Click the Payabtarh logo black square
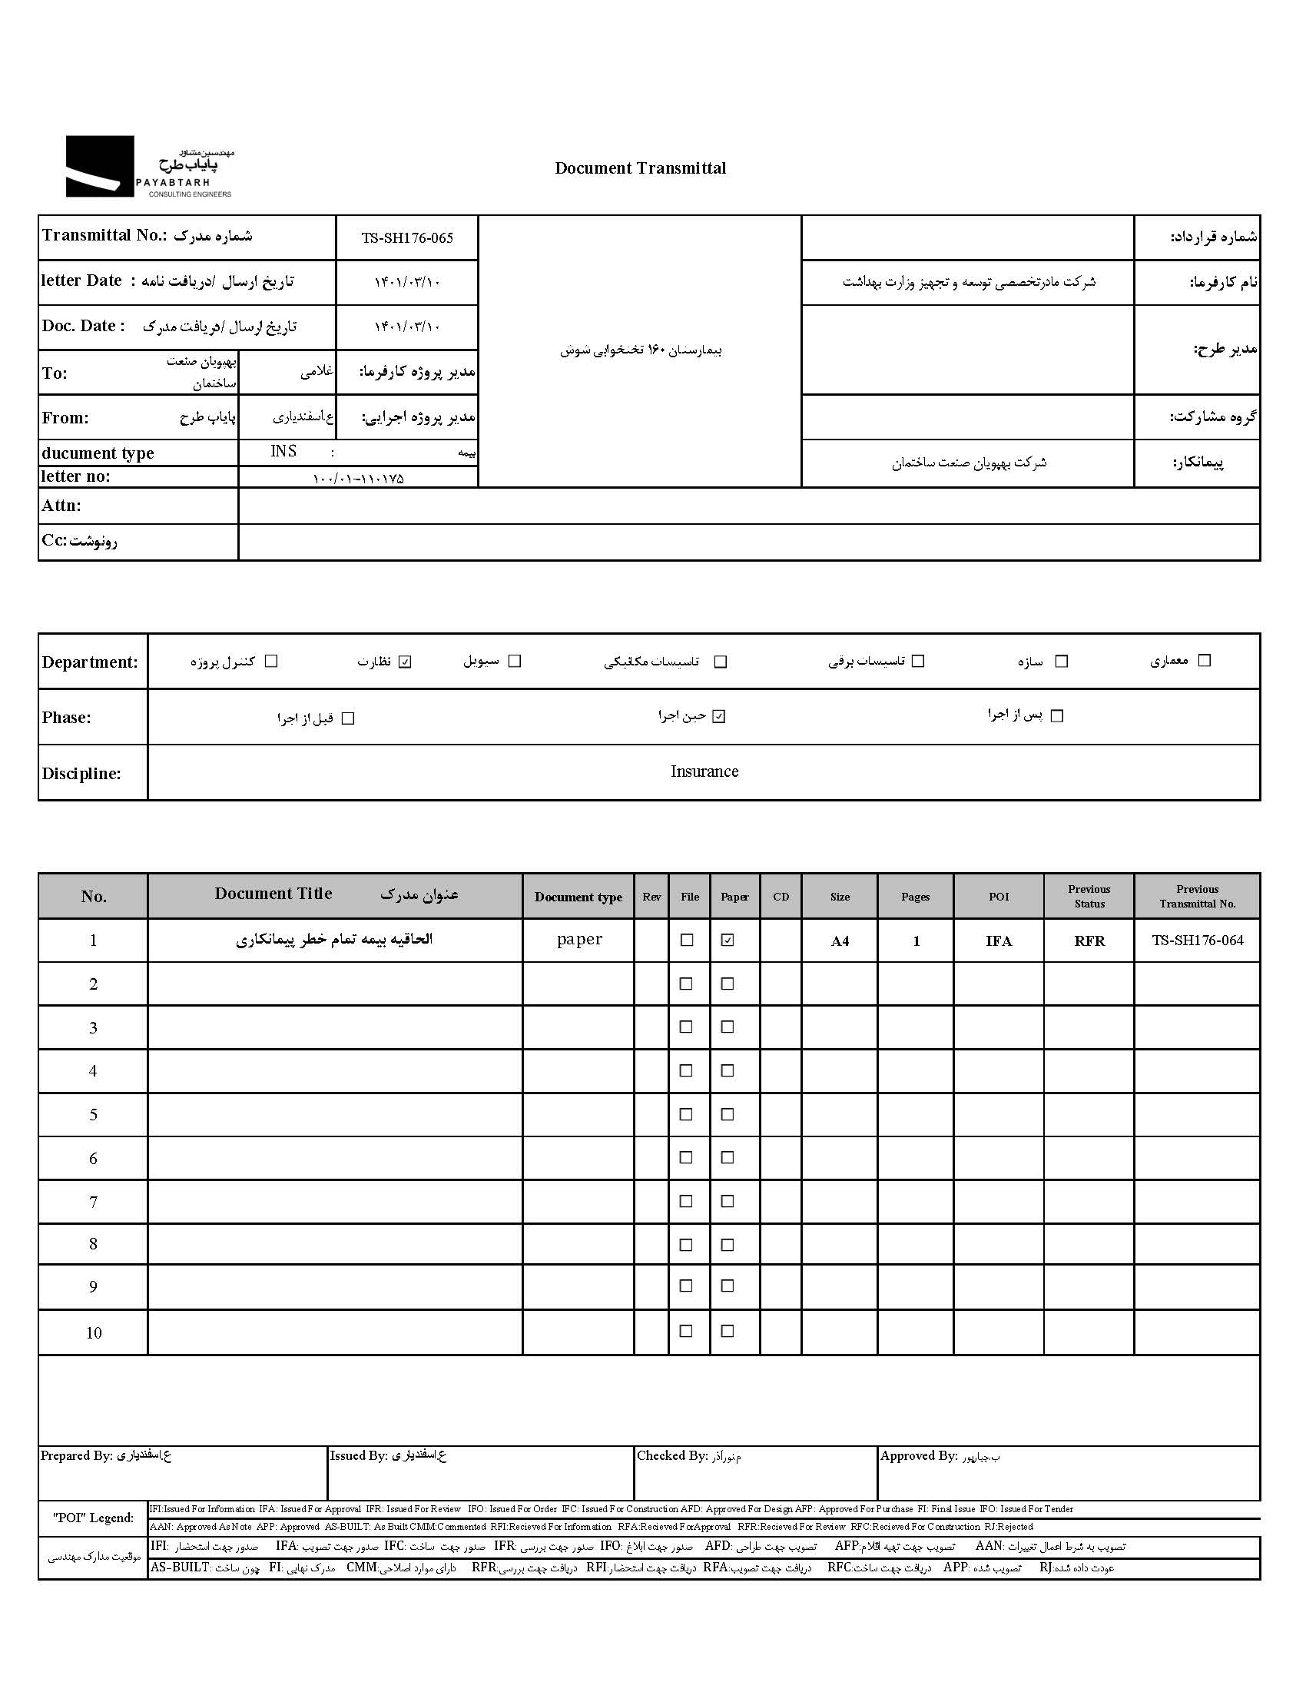(x=99, y=166)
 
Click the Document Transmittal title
(x=640, y=168)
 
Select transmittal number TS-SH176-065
(x=407, y=238)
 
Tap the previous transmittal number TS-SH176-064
(x=1198, y=940)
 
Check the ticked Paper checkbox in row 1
(x=728, y=940)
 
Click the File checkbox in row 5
(x=687, y=1114)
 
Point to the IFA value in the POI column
(x=999, y=941)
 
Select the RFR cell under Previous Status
(x=1089, y=941)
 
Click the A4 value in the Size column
(x=840, y=941)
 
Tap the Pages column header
(x=915, y=897)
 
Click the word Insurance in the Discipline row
(x=704, y=771)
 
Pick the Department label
(x=90, y=662)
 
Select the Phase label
(x=66, y=718)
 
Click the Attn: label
(x=61, y=506)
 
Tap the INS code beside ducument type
(x=283, y=451)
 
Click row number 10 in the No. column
(x=93, y=1333)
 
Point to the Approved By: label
(x=918, y=1455)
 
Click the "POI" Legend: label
(x=93, y=1518)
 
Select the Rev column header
(x=651, y=897)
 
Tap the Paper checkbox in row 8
(x=728, y=1245)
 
